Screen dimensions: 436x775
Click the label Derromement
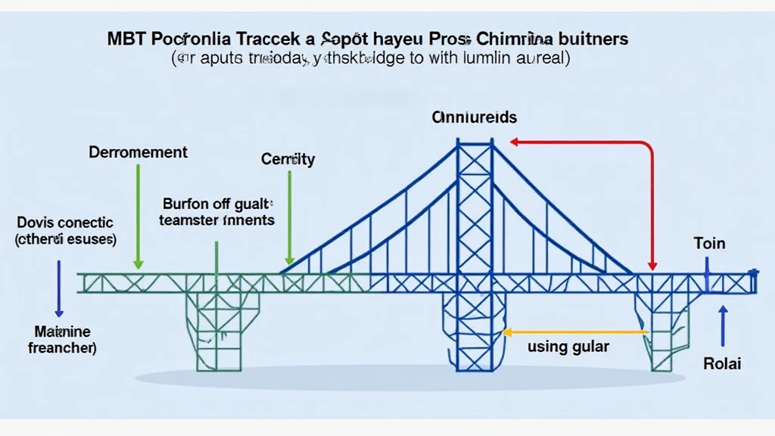click(x=138, y=152)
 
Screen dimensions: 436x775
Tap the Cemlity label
click(x=288, y=160)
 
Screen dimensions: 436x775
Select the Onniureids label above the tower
click(x=475, y=117)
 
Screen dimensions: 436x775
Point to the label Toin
click(x=709, y=244)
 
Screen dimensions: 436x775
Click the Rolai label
click(x=722, y=363)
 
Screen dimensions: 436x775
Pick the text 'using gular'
click(x=568, y=347)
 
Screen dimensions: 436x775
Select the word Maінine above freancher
click(x=63, y=332)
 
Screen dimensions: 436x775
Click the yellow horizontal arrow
click(x=575, y=332)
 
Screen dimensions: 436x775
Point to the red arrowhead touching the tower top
click(x=515, y=142)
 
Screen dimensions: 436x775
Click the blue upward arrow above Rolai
click(x=723, y=325)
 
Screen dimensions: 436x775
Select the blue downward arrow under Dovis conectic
click(x=58, y=288)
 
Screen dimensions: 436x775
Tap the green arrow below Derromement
click(x=138, y=216)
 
